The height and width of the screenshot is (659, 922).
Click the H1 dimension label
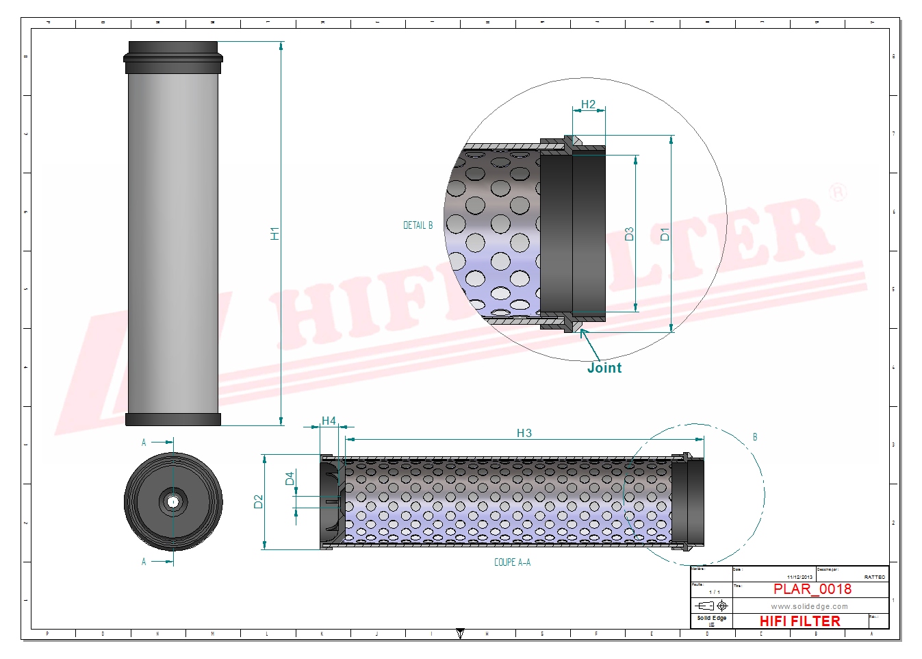[275, 234]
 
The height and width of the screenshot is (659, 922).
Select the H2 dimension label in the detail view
[588, 105]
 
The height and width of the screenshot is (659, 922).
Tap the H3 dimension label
[524, 433]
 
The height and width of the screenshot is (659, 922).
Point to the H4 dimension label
[329, 421]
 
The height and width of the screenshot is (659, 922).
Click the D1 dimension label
[665, 234]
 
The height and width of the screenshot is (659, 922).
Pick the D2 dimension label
[258, 501]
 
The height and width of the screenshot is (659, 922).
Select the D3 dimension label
[629, 234]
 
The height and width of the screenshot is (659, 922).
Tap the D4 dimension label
[290, 478]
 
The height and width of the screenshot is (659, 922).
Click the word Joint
[604, 368]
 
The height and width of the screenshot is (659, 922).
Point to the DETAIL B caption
[418, 225]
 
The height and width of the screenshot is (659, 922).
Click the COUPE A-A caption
[512, 562]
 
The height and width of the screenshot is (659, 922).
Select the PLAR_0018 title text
[812, 589]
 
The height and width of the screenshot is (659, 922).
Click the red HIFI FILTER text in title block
[799, 621]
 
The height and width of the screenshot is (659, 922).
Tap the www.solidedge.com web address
[809, 606]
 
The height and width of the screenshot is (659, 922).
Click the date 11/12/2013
[799, 577]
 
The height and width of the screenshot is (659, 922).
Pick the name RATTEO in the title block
[874, 577]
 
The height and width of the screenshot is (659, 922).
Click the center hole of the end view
[173, 501]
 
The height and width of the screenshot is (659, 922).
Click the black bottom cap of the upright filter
[173, 419]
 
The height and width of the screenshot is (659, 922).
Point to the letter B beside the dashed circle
[755, 437]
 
